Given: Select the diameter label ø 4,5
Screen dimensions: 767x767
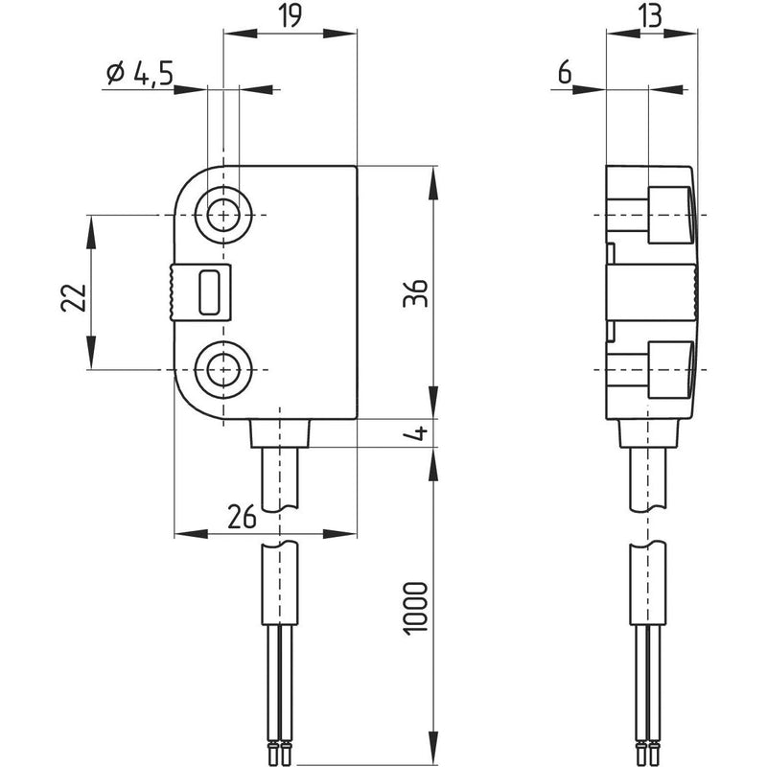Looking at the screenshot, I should coord(140,73).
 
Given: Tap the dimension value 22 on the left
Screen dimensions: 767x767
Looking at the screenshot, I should coord(73,298).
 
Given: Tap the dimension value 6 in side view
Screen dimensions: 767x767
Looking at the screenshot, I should coord(563,72).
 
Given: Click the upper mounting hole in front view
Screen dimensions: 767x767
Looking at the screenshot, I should coord(223,215).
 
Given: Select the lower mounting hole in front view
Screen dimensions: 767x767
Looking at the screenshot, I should coord(223,368).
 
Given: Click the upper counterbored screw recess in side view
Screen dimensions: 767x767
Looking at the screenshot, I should coord(669,215).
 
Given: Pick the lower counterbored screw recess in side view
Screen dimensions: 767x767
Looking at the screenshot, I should coord(669,368).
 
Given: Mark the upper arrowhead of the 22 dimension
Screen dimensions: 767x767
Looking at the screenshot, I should coord(91,226).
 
